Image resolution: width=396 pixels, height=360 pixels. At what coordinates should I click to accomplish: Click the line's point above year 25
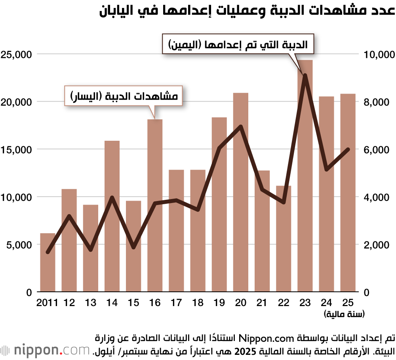click(x=348, y=149)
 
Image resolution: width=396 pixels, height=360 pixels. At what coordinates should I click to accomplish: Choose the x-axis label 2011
click(x=48, y=303)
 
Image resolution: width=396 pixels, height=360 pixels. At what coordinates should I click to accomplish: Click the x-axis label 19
click(x=219, y=303)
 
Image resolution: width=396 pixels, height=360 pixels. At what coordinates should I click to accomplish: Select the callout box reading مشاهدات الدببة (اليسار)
click(x=124, y=96)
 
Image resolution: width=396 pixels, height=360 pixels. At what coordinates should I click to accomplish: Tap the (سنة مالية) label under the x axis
click(x=344, y=314)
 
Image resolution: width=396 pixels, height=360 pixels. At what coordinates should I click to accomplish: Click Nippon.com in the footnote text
click(x=261, y=338)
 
